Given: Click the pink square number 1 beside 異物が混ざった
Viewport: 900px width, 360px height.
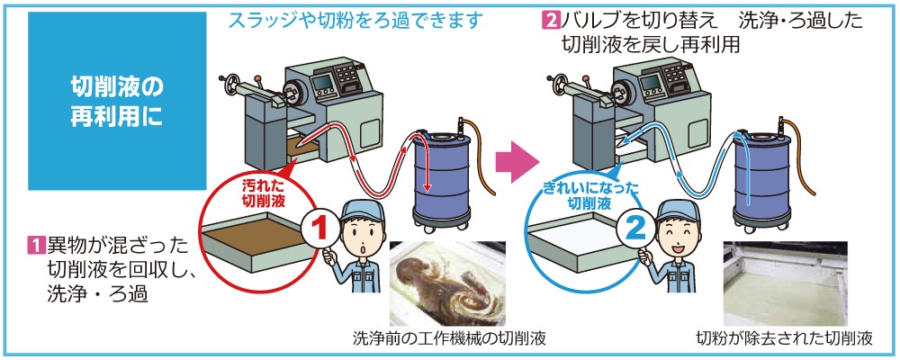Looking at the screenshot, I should (x=36, y=243).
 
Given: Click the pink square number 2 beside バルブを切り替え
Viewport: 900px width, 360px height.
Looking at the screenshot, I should (x=550, y=20).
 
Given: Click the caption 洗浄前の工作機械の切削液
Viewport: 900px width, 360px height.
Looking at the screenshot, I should (x=449, y=339).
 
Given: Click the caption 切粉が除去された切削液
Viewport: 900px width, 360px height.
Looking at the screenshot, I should (x=785, y=339).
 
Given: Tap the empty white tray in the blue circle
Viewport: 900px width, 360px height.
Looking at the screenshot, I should (x=577, y=237).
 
